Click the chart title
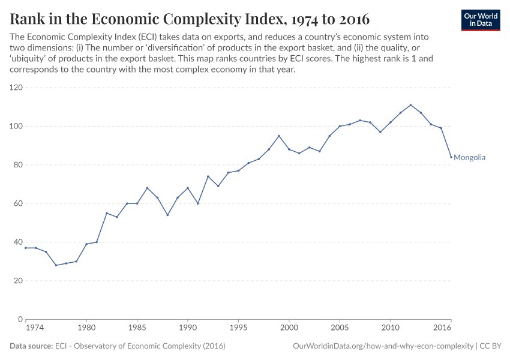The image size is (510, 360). (190, 19)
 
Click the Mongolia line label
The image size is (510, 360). (469, 158)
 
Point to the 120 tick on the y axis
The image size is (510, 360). (16, 88)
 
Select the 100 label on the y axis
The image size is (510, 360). (16, 126)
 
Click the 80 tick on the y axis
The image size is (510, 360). (17, 165)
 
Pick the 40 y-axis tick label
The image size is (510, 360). (17, 242)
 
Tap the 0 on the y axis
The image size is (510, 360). (20, 319)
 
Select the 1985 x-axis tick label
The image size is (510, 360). (137, 329)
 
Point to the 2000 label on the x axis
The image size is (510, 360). (289, 329)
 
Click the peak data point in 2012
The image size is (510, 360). (410, 105)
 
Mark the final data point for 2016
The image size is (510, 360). (451, 157)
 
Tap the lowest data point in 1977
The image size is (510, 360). (56, 265)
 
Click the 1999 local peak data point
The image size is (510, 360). (279, 136)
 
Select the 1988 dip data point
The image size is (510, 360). (167, 215)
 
